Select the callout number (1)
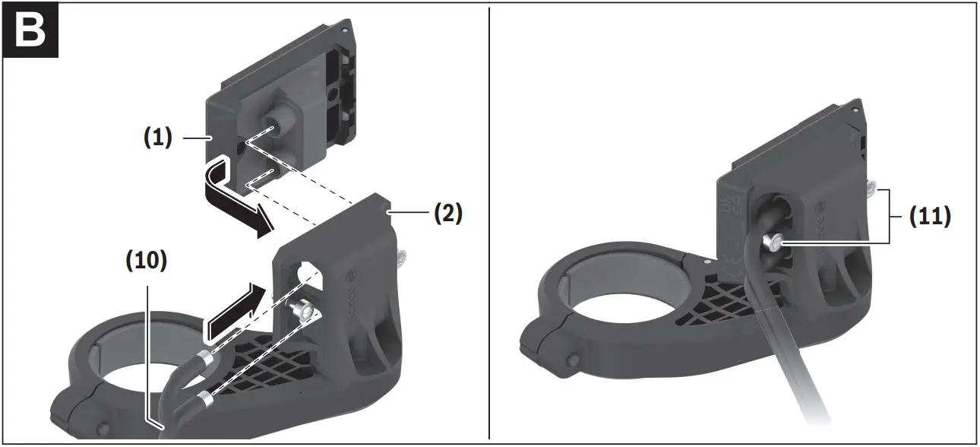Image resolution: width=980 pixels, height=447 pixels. (x=157, y=138)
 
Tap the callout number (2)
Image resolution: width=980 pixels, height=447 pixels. (x=447, y=214)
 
